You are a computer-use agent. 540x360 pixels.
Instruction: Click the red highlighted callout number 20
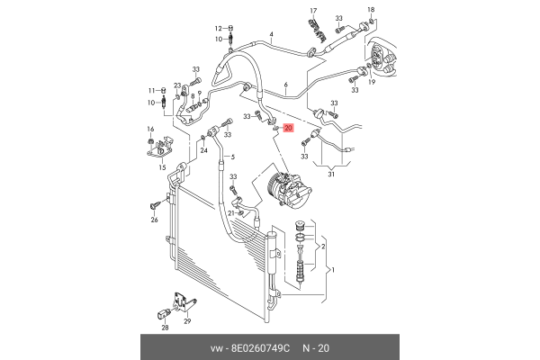click(x=288, y=129)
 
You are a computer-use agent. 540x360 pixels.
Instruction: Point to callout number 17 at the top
click(x=313, y=11)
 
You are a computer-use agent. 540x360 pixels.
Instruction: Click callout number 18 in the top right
click(x=372, y=10)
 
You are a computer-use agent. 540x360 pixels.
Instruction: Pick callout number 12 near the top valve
click(x=218, y=29)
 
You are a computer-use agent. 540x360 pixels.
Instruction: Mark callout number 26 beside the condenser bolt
click(x=154, y=219)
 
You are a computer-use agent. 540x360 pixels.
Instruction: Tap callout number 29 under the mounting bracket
click(x=187, y=321)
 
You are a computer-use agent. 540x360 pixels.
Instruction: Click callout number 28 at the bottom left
click(x=165, y=328)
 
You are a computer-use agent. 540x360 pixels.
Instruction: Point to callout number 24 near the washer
click(x=203, y=150)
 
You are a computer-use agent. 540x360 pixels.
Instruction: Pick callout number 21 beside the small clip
click(x=231, y=212)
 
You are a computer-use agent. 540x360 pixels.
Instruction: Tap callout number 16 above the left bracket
click(x=151, y=130)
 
